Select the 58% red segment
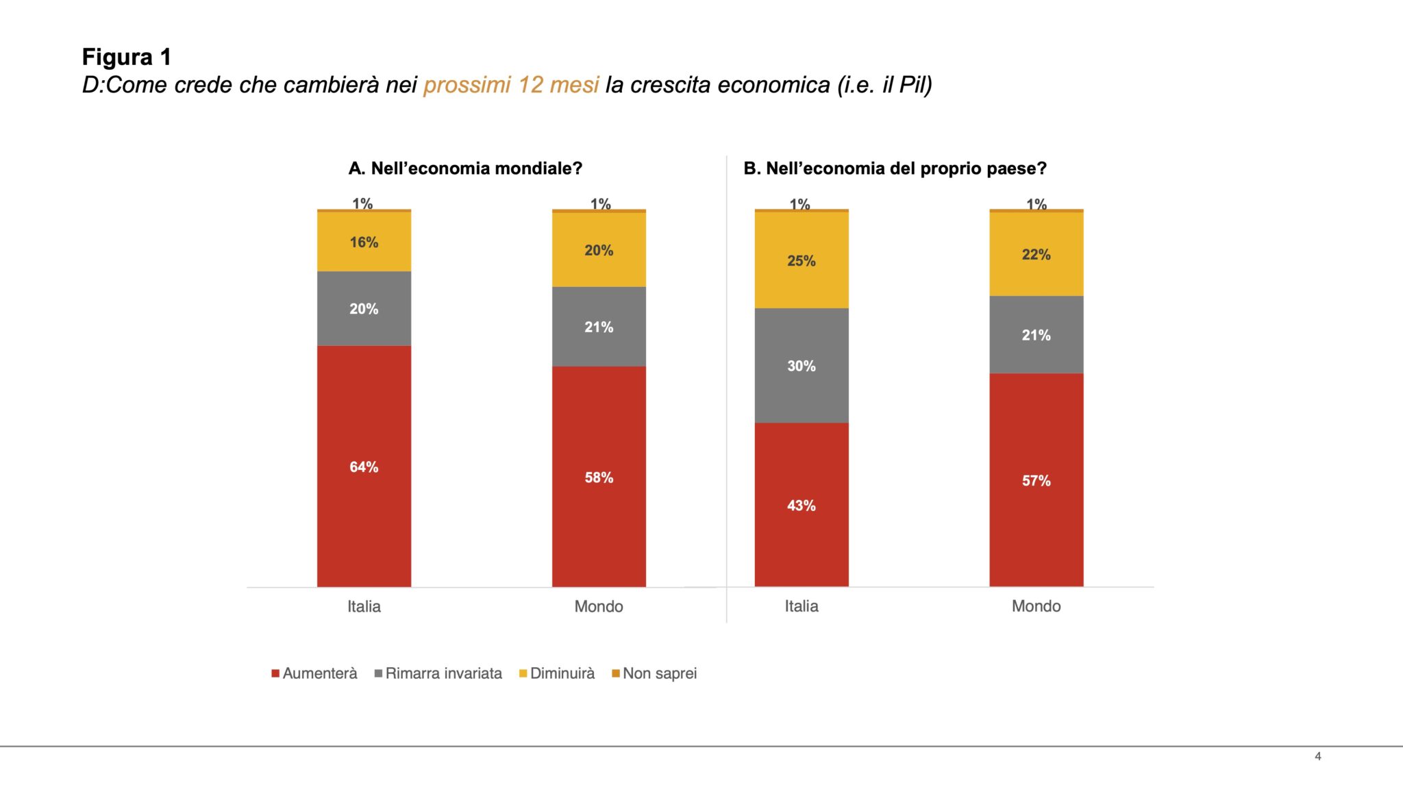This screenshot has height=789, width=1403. tap(599, 477)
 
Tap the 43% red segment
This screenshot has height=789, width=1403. tap(801, 505)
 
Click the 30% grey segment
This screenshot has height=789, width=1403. tap(801, 366)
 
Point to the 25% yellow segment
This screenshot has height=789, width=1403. tap(801, 261)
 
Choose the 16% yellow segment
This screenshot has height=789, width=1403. tap(364, 242)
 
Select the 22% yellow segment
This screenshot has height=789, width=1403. tap(1036, 255)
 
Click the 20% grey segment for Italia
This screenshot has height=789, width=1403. tap(364, 309)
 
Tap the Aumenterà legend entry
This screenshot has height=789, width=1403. tap(314, 673)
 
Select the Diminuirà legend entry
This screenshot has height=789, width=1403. tap(557, 673)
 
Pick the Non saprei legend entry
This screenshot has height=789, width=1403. tap(654, 673)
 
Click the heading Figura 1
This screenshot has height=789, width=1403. tap(127, 57)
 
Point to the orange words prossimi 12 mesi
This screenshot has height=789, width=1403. tap(511, 85)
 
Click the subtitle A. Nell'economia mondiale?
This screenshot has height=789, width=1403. tap(465, 168)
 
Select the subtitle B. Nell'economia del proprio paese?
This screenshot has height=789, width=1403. tap(895, 168)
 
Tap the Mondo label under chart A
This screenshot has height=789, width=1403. tap(599, 607)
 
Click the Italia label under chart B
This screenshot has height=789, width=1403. tap(801, 606)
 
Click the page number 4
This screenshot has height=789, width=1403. tap(1317, 756)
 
